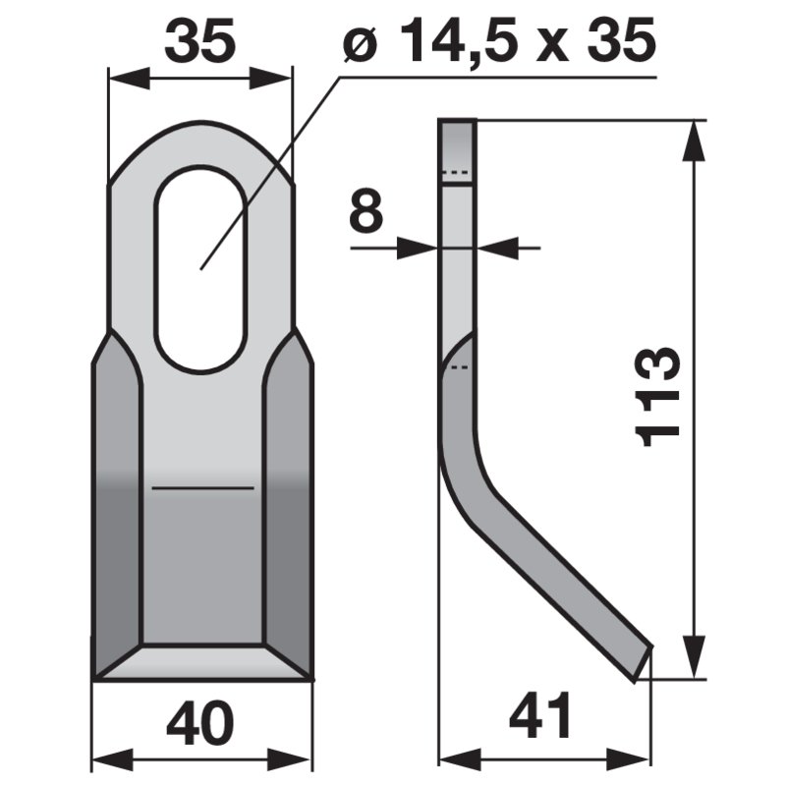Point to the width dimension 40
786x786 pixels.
[x=200, y=724]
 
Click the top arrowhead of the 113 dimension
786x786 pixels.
[x=695, y=138]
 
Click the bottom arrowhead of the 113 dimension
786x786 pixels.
[x=695, y=660]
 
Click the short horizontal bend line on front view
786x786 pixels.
[x=202, y=487]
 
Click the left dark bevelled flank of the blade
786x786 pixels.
[x=118, y=511]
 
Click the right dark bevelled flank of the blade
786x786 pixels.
[x=288, y=511]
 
